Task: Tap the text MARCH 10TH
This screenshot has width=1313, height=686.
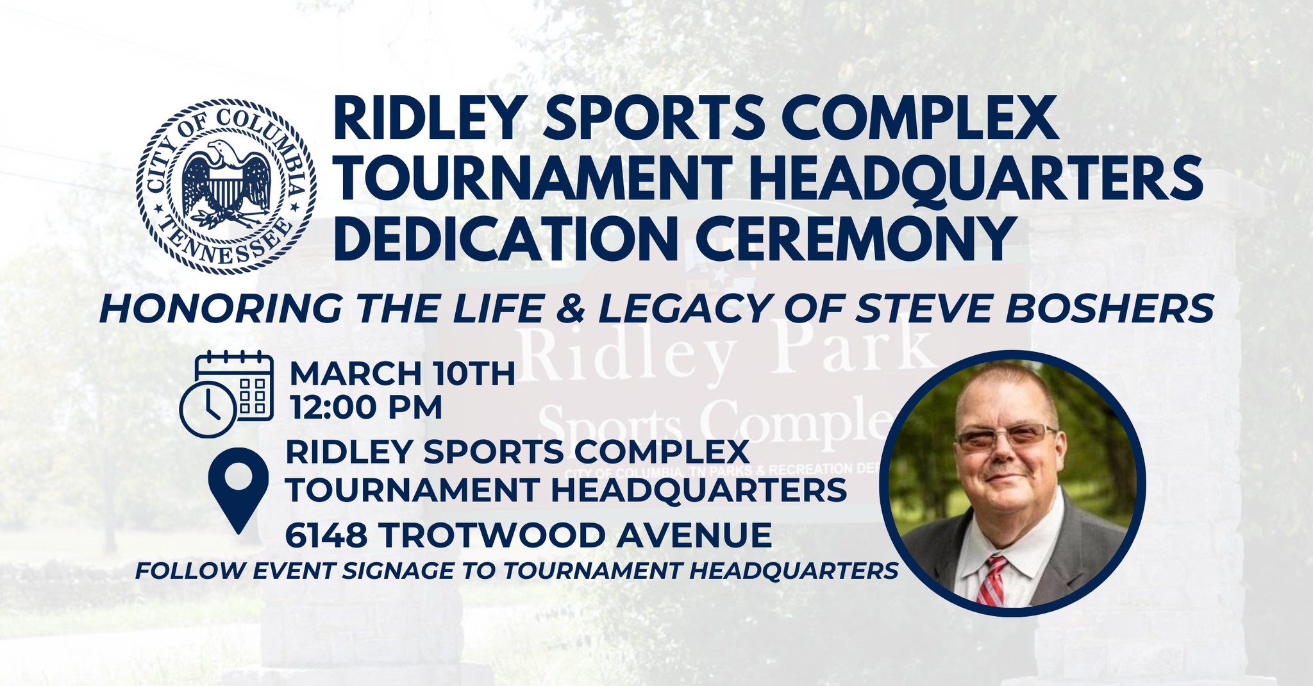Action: pos(403,374)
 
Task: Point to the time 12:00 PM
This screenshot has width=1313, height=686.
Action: pos(366,407)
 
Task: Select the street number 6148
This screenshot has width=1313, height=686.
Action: pos(326,535)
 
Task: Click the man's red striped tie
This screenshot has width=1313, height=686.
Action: pos(991,580)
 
